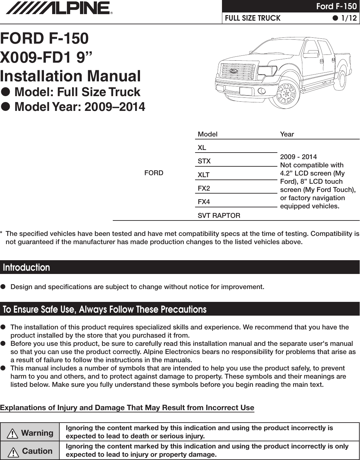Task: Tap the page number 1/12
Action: click(348, 18)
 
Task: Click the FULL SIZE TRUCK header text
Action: click(253, 18)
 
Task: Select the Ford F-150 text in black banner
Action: click(336, 6)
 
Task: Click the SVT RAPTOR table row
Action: click(219, 216)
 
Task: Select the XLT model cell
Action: click(204, 175)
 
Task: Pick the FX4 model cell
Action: click(204, 202)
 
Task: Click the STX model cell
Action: click(204, 161)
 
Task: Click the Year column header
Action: click(287, 134)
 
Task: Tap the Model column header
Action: click(208, 134)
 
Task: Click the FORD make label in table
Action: click(154, 173)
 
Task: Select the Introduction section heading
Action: click(27, 267)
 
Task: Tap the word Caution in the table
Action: click(37, 451)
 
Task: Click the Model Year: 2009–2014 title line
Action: click(80, 107)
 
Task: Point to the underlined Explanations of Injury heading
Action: click(127, 408)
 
